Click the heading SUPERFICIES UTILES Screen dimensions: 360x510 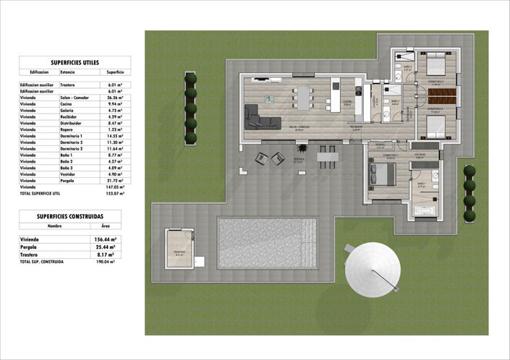75,63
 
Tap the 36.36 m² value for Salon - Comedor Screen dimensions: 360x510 115,98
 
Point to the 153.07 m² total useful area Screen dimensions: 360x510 115,194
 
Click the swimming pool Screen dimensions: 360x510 267,242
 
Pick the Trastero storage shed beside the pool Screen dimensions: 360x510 179,249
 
